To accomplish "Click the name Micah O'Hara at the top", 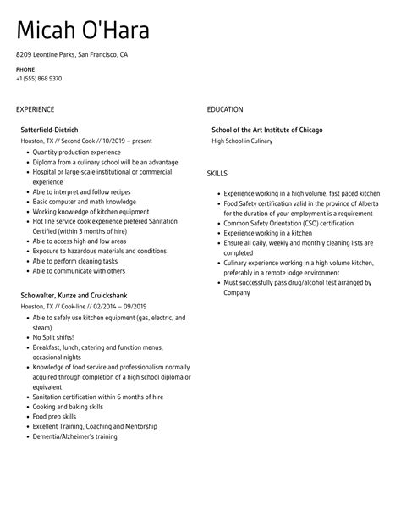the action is click(83, 31).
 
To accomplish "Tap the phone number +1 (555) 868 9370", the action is click(39, 79).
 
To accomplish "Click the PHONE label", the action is click(25, 69).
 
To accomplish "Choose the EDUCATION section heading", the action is click(225, 109).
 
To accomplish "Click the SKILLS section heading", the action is click(218, 173).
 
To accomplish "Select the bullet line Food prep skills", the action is click(53, 416).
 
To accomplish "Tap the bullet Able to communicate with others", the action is click(79, 271).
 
